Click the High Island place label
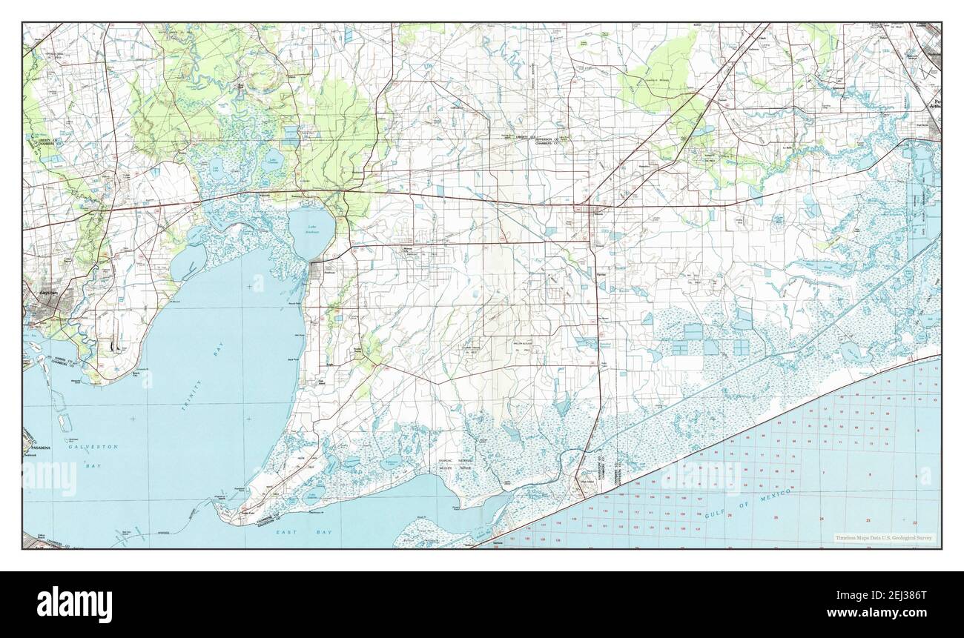click(578, 482)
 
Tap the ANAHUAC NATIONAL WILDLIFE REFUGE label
click(455, 464)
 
